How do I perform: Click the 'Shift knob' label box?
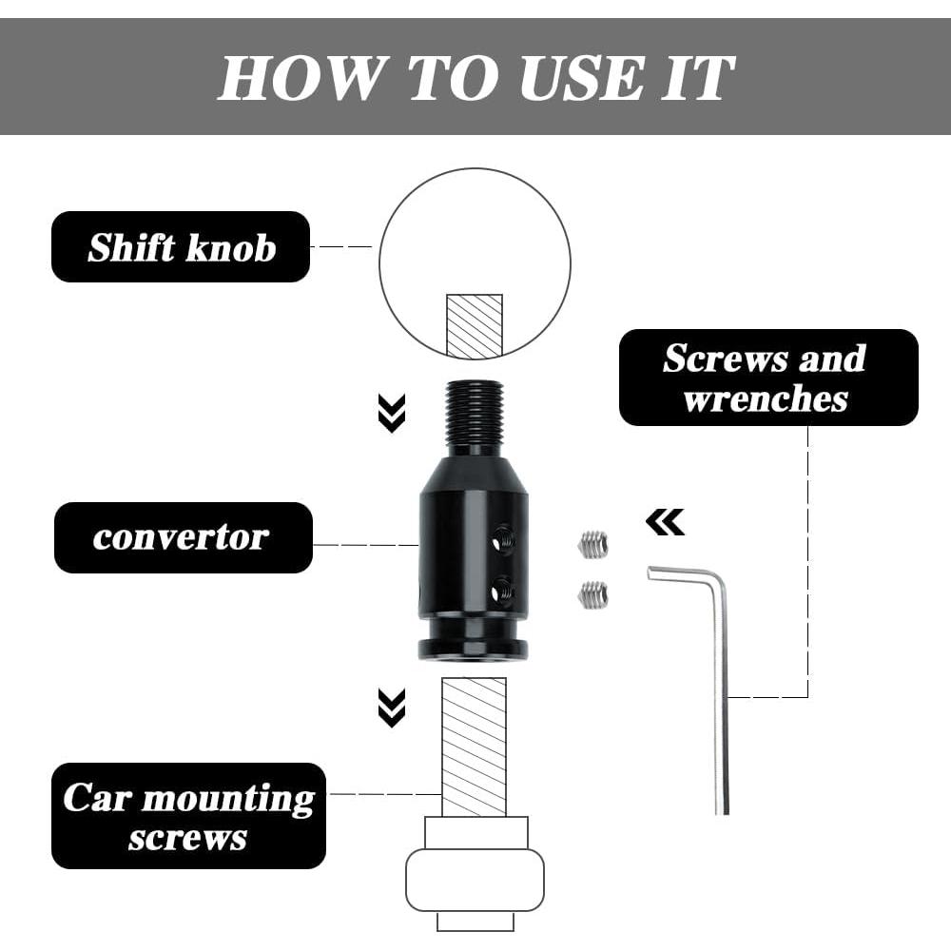click(x=181, y=247)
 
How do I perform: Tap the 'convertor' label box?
click(x=184, y=537)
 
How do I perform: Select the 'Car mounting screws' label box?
click(x=188, y=816)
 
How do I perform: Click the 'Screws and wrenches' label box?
click(x=768, y=378)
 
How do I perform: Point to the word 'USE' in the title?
click(x=581, y=78)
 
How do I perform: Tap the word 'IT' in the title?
click(x=697, y=78)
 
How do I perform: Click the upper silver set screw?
click(x=592, y=544)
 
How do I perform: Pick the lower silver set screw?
click(x=592, y=594)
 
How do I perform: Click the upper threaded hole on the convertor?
click(x=503, y=538)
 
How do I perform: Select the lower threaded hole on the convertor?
click(x=503, y=589)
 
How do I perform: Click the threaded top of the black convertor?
click(x=474, y=415)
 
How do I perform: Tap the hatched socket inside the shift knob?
click(x=475, y=325)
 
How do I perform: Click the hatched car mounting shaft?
click(x=474, y=747)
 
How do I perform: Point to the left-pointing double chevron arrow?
click(x=666, y=521)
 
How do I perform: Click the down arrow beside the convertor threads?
click(x=392, y=413)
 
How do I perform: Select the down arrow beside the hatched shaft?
click(x=392, y=708)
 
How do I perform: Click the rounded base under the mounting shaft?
click(x=475, y=880)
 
